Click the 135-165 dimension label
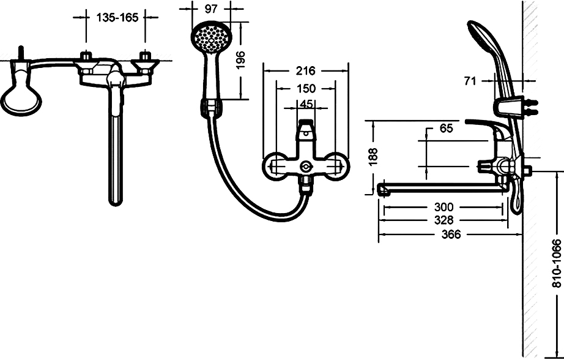(117, 17)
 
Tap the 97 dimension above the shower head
(211, 9)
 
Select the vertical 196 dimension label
(240, 60)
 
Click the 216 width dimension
(305, 71)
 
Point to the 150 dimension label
(306, 88)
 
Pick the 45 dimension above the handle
(306, 104)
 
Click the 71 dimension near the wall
(470, 81)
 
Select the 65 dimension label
(447, 128)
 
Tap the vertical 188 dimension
(373, 157)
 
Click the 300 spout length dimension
(444, 207)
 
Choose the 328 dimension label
(444, 220)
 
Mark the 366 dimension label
(451, 234)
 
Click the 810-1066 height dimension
(556, 263)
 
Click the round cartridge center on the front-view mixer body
(306, 167)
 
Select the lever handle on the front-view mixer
(306, 130)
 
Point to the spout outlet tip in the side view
(384, 190)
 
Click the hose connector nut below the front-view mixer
(306, 185)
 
